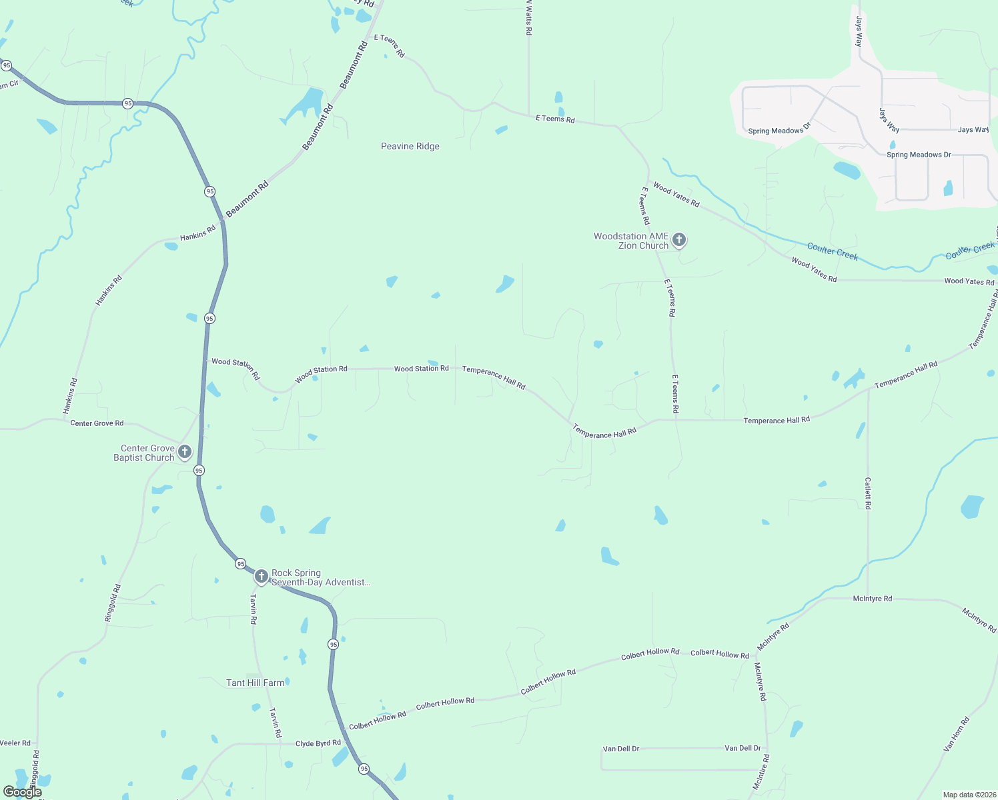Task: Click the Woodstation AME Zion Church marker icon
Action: point(679,239)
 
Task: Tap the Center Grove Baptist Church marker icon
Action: point(185,452)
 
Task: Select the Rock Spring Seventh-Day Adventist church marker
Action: point(261,576)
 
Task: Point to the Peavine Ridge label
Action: point(410,147)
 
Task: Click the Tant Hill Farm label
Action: point(255,683)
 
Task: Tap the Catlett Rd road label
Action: point(868,493)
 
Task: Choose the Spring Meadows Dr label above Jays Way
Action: point(779,130)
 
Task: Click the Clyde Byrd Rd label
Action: point(318,743)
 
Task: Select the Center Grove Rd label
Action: point(97,423)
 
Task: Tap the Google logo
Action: point(22,792)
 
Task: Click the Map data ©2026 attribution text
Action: point(967,795)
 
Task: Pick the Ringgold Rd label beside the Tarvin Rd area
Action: point(113,603)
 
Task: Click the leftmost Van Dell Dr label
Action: point(621,749)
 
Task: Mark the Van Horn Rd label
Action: point(956,735)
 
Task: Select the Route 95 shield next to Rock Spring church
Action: point(240,564)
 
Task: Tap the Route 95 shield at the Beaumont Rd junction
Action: point(210,191)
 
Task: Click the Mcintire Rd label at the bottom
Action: point(761,772)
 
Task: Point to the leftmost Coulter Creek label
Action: point(832,251)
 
